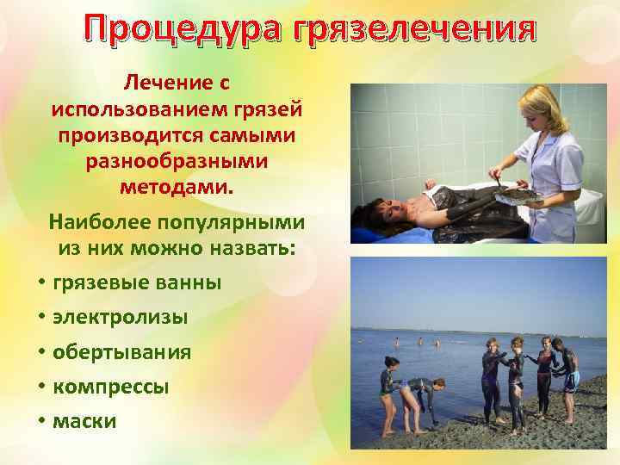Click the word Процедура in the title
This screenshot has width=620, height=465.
[x=186, y=32]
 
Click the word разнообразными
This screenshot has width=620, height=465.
[x=177, y=161]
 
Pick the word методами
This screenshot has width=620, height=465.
[x=177, y=187]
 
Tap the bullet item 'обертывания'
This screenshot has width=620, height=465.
[x=122, y=352]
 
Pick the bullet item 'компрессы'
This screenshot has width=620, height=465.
[x=110, y=387]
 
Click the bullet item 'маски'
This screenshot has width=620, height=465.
[x=84, y=421]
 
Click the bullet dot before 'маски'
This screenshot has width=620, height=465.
[x=41, y=422]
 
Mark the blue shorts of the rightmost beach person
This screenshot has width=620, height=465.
[x=571, y=380]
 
